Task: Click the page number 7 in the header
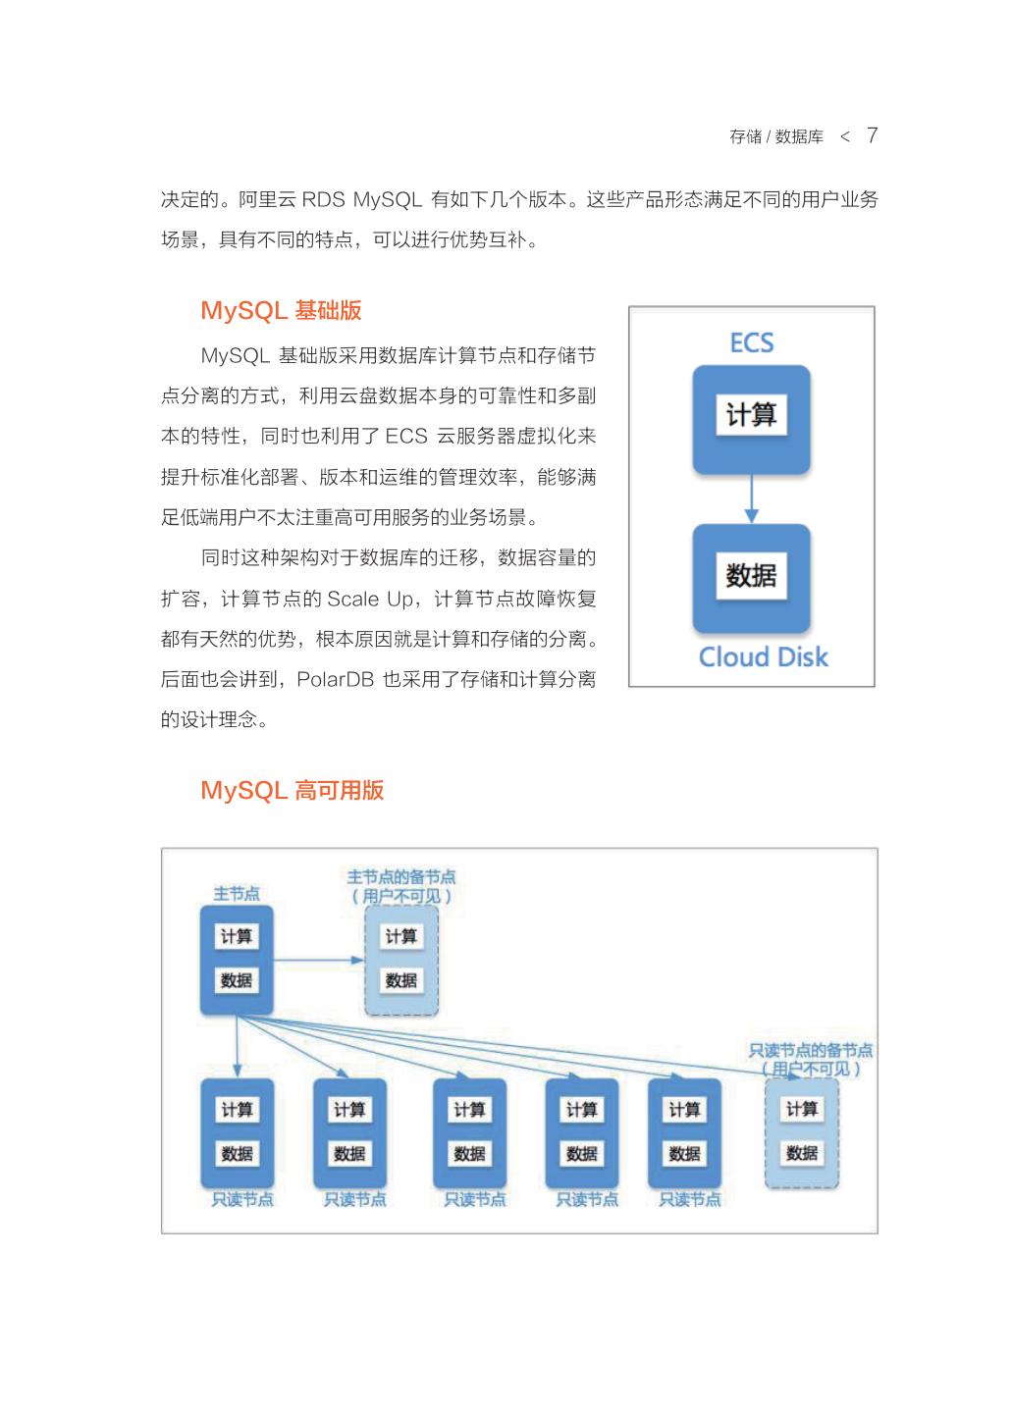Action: click(872, 135)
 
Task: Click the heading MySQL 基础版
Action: click(281, 311)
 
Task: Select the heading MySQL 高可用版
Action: click(292, 791)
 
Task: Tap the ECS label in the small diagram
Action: click(752, 343)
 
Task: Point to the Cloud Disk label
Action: click(763, 657)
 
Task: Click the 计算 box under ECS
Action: click(751, 416)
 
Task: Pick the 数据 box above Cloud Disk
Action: click(751, 575)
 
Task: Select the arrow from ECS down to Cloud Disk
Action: click(752, 499)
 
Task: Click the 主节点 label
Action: click(237, 894)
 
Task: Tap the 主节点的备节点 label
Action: click(401, 877)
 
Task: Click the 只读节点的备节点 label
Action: click(810, 1051)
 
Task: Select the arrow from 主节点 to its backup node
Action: click(317, 959)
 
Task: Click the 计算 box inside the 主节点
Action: click(237, 937)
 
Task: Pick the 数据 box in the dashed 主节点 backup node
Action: click(401, 980)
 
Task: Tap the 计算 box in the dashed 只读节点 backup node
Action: click(802, 1110)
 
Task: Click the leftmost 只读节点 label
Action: click(242, 1200)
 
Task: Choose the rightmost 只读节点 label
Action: click(689, 1200)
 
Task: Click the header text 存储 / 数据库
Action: click(775, 137)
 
